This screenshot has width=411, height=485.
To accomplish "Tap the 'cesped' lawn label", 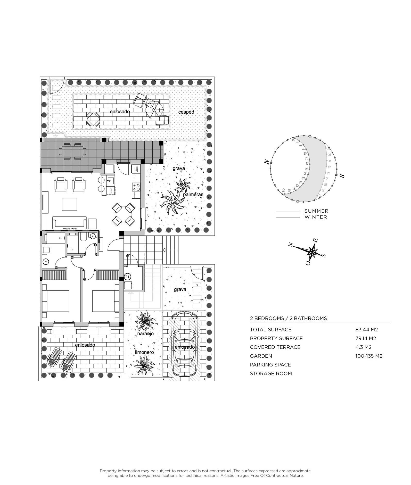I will click(x=186, y=112).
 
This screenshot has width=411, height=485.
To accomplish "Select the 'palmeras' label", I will click(x=193, y=194).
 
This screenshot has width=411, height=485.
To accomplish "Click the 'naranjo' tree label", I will click(x=145, y=333).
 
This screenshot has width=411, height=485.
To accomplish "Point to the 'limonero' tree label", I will click(x=144, y=352).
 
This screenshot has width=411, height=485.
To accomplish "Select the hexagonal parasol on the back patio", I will click(x=154, y=110).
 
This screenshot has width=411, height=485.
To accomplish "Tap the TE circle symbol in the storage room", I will click(x=128, y=277).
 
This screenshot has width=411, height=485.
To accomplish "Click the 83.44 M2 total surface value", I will click(x=366, y=330).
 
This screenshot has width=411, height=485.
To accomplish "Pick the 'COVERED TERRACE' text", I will click(x=275, y=347).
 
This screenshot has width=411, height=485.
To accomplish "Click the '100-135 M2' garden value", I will click(x=369, y=356).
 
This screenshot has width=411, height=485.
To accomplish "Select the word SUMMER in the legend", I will click(x=316, y=211).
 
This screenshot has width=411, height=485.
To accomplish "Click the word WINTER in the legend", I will click(x=316, y=217).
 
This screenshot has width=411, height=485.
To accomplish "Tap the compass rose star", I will click(x=312, y=251).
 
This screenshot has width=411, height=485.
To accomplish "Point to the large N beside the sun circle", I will click(x=267, y=162).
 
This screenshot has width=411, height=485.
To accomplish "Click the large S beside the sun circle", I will click(x=342, y=176).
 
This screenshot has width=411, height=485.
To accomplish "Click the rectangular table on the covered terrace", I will click(x=72, y=152).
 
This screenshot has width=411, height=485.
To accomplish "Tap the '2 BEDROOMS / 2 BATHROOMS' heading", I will click(x=288, y=318).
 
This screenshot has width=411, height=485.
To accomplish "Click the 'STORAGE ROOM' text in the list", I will click(x=271, y=373).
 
